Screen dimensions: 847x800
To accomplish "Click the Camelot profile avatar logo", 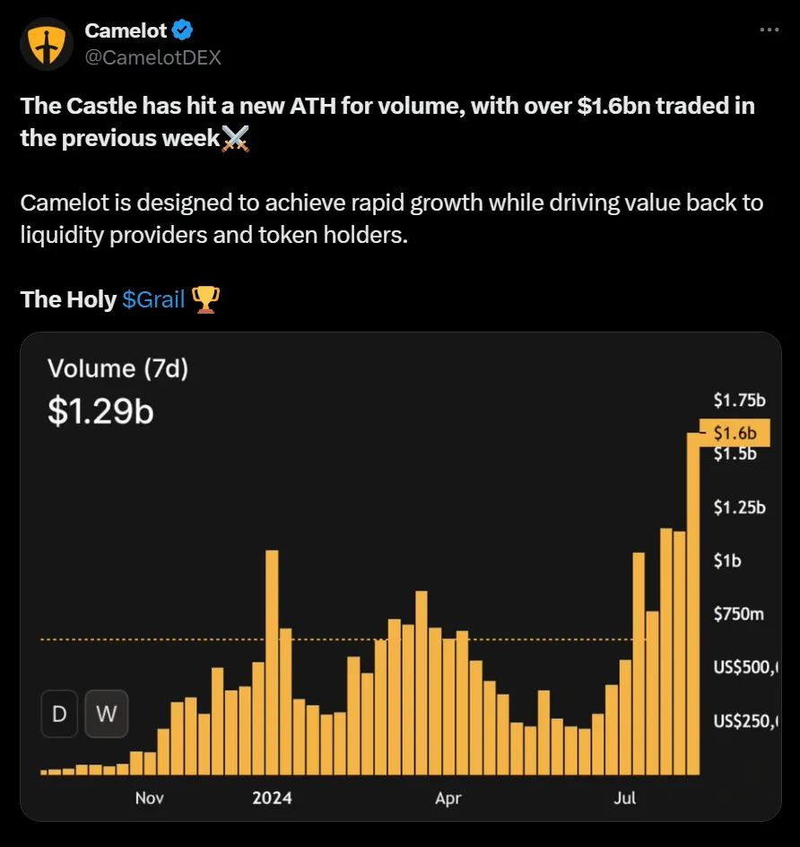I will click(x=46, y=44).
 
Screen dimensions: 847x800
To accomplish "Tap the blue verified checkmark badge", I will click(x=183, y=30).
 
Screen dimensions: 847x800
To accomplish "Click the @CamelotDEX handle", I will click(x=152, y=57).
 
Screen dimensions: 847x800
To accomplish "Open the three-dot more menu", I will click(x=770, y=30).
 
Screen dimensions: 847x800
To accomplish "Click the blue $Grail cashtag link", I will click(x=153, y=299).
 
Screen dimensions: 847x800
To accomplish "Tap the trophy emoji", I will click(x=206, y=299).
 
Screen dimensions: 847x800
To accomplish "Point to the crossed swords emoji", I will click(x=235, y=139).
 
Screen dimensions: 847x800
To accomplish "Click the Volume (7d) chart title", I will click(x=117, y=368).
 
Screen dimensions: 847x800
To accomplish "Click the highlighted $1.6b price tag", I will click(x=735, y=433).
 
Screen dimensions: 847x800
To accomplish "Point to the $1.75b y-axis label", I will click(x=739, y=400).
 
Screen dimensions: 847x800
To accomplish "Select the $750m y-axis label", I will click(x=738, y=614).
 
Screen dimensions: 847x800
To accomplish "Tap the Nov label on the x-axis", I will click(x=150, y=797).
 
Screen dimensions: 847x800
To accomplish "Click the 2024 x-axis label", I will click(x=272, y=797).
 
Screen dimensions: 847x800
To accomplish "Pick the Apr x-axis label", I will click(x=448, y=797).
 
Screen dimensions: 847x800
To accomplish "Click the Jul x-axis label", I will click(x=624, y=797).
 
